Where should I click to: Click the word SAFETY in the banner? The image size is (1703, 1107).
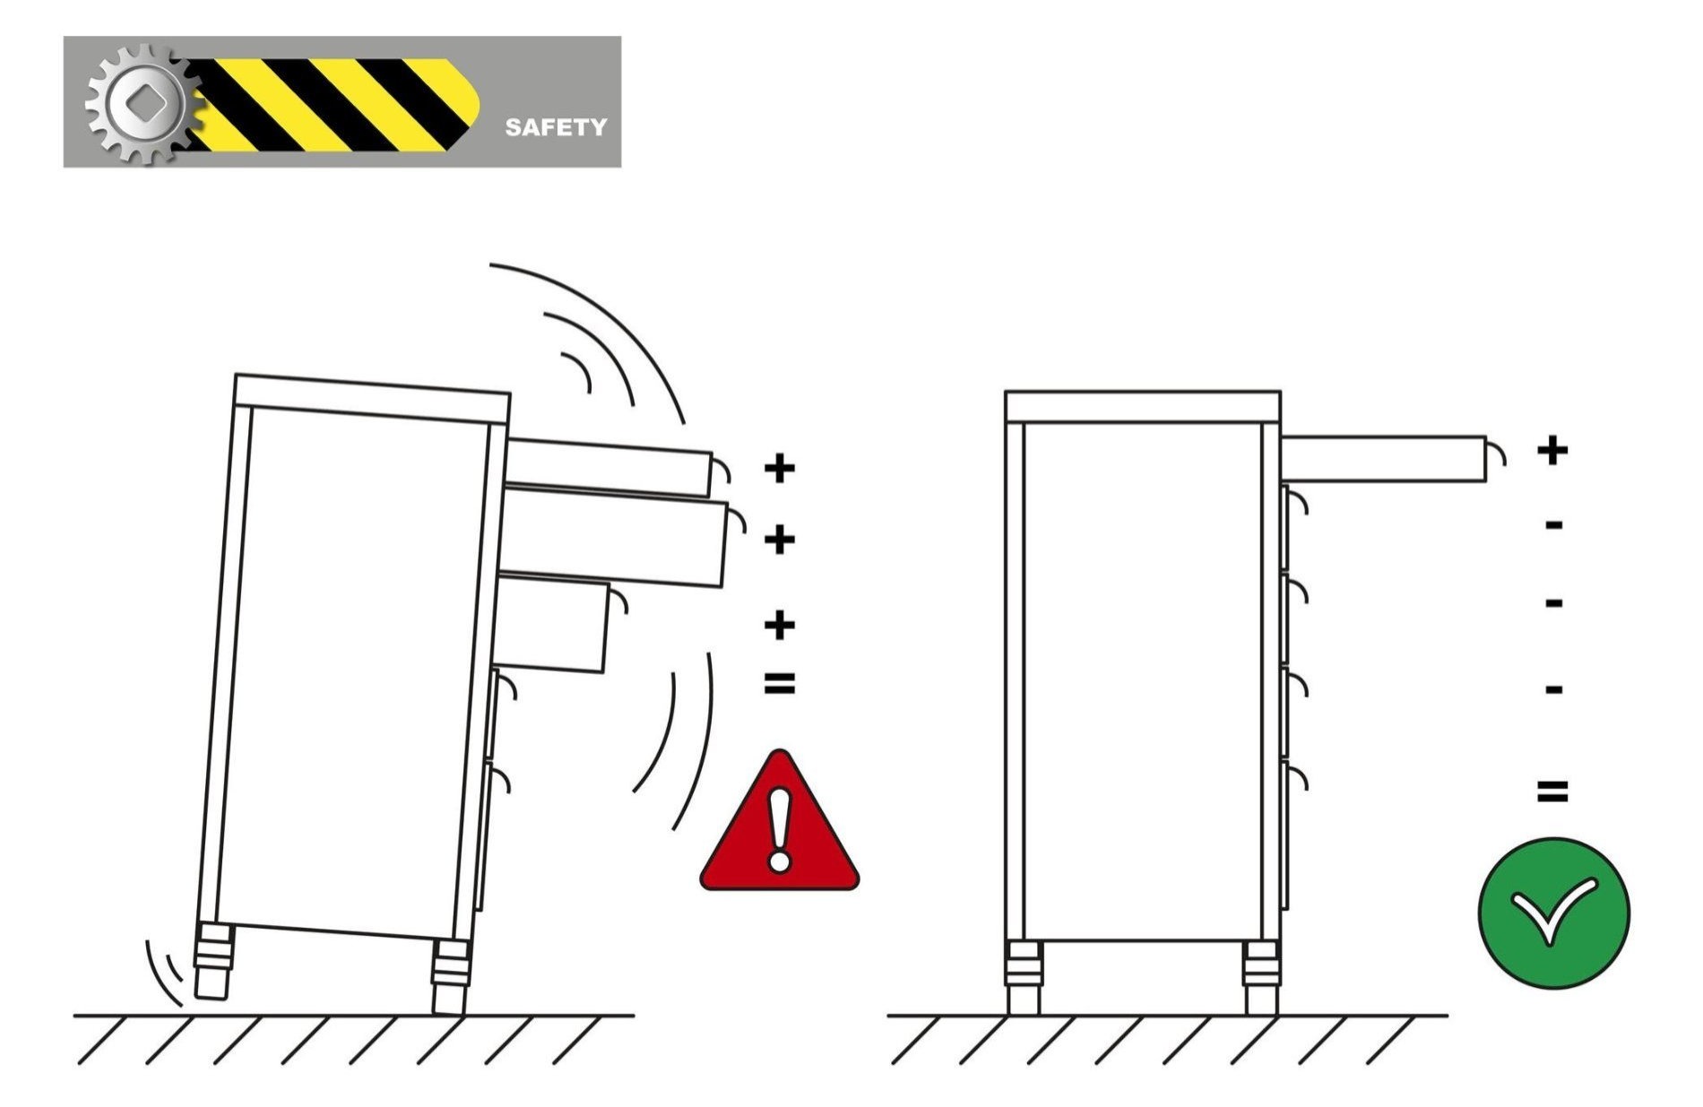[x=556, y=126]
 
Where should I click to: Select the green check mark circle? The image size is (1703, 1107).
[x=1553, y=912]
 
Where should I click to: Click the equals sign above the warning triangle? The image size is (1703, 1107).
[x=779, y=684]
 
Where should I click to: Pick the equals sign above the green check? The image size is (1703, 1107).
[x=1552, y=791]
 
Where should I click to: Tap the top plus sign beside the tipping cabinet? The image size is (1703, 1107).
[x=779, y=467]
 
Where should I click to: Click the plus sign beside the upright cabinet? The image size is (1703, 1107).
[x=1552, y=449]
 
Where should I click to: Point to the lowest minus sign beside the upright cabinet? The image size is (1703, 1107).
[x=1554, y=689]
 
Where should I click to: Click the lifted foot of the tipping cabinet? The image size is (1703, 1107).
[x=213, y=961]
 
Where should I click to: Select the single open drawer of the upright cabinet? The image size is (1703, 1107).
[x=1384, y=458]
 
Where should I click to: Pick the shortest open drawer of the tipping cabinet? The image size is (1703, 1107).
[x=553, y=623]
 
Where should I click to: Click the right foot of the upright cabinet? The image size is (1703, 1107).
[x=1259, y=978]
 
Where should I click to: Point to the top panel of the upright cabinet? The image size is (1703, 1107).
[x=1143, y=406]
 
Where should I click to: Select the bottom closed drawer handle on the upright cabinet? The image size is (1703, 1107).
[x=1298, y=777]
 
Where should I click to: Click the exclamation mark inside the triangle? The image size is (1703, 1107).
[x=779, y=830]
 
